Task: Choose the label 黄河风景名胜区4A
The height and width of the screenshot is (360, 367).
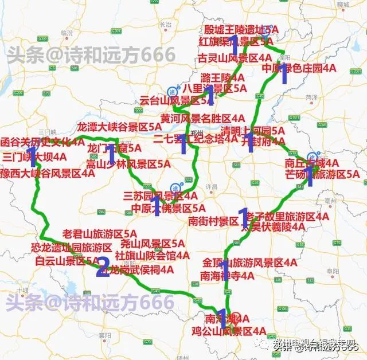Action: [198, 119]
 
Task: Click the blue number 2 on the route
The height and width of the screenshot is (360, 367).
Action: [103, 267]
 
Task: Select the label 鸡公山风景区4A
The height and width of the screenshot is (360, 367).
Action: [228, 331]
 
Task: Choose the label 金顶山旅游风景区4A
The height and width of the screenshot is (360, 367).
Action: [249, 263]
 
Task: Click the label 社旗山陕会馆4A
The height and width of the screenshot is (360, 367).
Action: [152, 255]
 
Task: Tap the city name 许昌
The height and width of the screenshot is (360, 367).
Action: [212, 187]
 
